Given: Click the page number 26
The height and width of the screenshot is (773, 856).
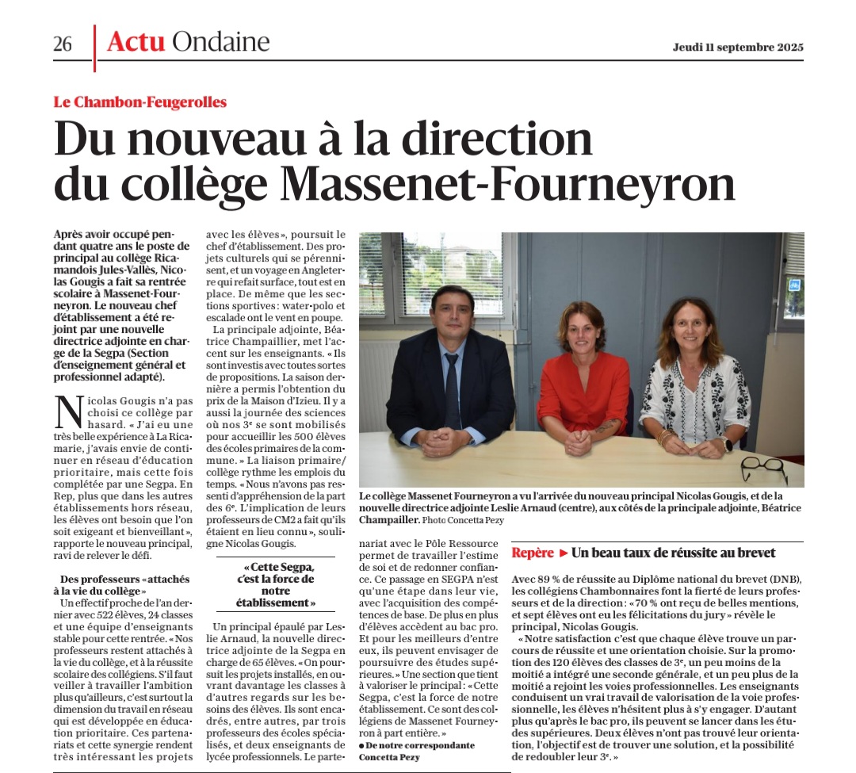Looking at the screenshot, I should pyautogui.click(x=63, y=44).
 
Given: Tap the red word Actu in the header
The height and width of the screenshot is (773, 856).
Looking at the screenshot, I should pyautogui.click(x=136, y=41).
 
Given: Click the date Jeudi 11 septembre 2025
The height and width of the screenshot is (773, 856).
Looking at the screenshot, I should pyautogui.click(x=738, y=47).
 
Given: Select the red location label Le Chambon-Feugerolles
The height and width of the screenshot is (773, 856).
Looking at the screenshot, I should pyautogui.click(x=139, y=101).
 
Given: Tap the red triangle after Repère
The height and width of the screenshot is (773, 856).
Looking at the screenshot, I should pyautogui.click(x=564, y=553).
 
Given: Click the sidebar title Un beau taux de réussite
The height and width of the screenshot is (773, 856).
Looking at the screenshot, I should pyautogui.click(x=673, y=553).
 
